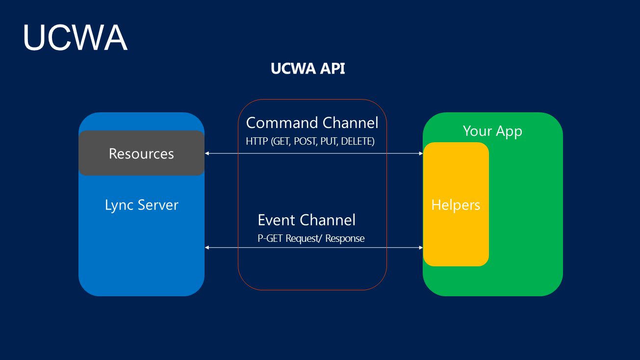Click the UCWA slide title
[x=75, y=37]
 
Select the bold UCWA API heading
[x=307, y=69]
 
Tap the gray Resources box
[x=141, y=153]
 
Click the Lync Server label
[x=142, y=205]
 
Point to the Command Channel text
[x=312, y=123]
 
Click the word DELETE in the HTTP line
[x=358, y=141]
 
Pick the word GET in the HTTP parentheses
[x=282, y=141]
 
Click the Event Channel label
[x=307, y=220]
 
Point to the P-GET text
[x=270, y=238]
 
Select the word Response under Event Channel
[x=345, y=238]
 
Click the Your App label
[x=492, y=131]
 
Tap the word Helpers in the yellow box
[x=456, y=205]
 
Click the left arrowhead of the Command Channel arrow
[x=206, y=154]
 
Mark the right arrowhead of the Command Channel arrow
[x=421, y=154]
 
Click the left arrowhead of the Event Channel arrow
[x=206, y=247]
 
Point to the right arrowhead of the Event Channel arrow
[x=421, y=247]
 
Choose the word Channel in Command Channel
[x=350, y=123]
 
